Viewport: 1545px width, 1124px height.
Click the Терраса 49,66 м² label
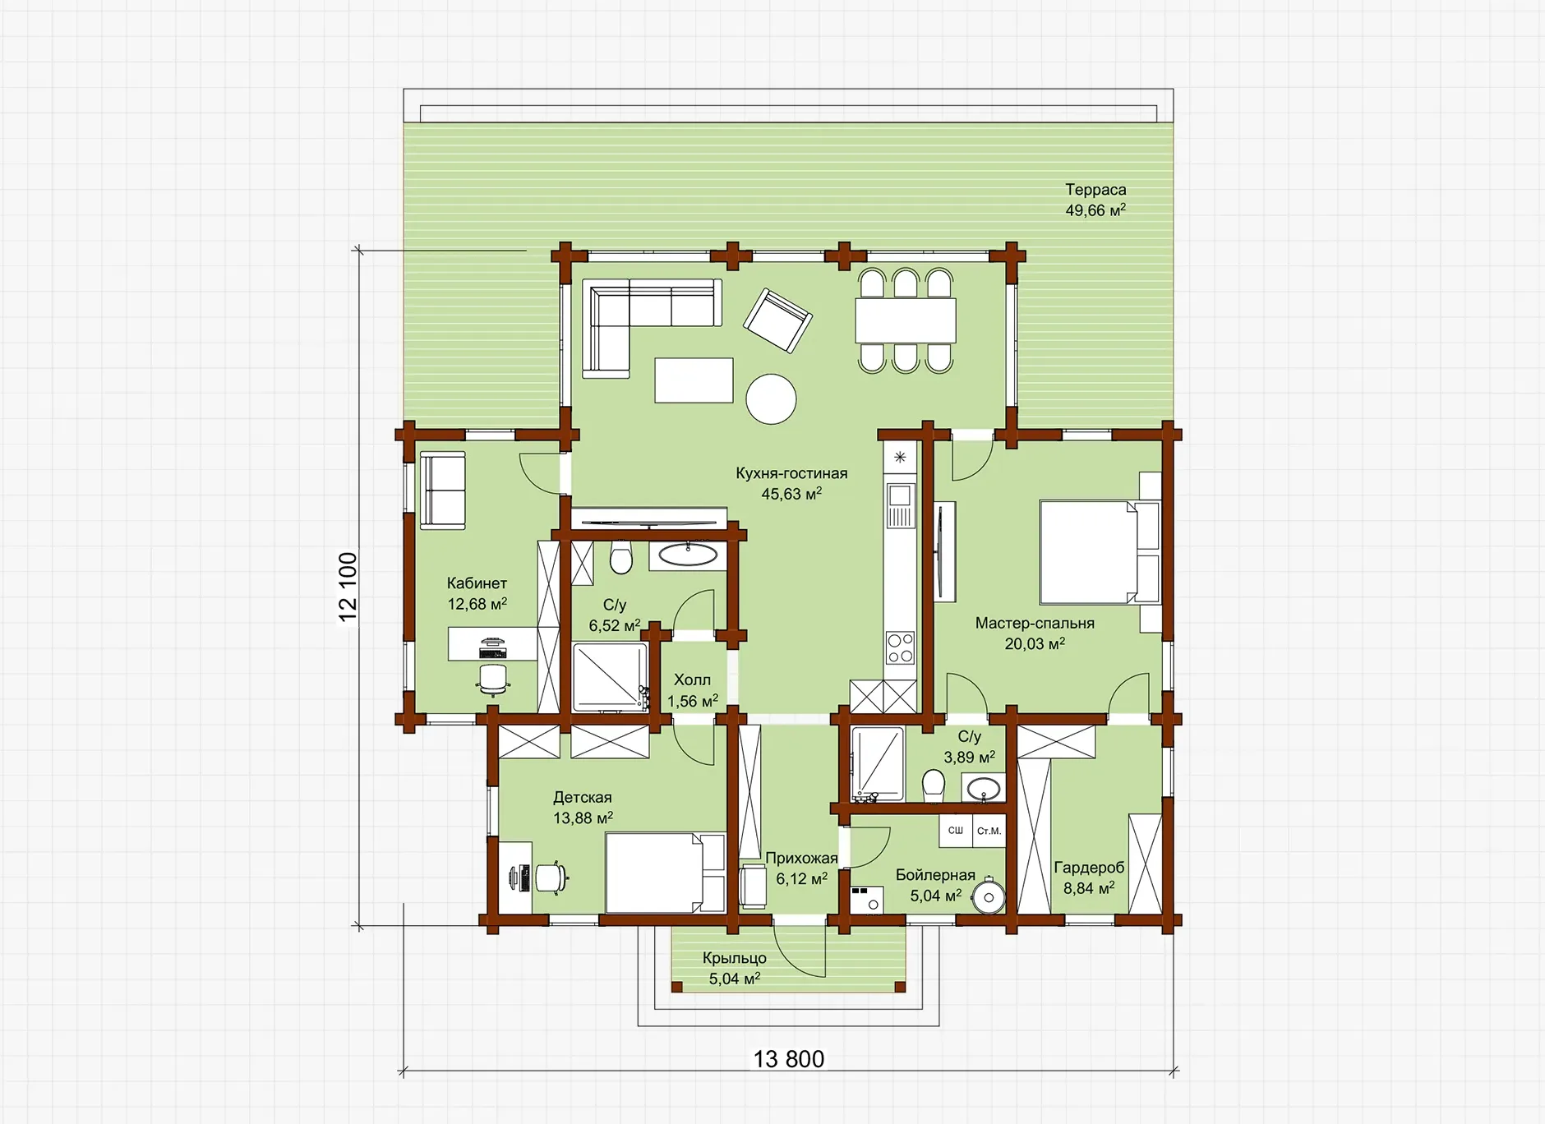pyautogui.click(x=1095, y=200)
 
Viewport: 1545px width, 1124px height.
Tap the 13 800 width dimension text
pyautogui.click(x=789, y=1059)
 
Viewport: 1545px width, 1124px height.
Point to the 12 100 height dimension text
pyautogui.click(x=348, y=587)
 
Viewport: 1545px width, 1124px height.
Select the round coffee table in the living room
pyautogui.click(x=771, y=399)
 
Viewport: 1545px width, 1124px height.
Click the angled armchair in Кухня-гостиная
pyautogui.click(x=778, y=320)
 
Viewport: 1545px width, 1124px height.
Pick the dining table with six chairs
pyautogui.click(x=906, y=320)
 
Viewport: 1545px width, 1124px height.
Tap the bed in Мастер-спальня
pyautogui.click(x=1100, y=552)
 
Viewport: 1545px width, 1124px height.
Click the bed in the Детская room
pyautogui.click(x=666, y=873)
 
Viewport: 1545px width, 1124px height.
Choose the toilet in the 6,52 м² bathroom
pyautogui.click(x=621, y=557)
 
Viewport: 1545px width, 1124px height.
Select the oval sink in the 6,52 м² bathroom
pyautogui.click(x=688, y=555)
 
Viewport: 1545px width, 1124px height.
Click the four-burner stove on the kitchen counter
pyautogui.click(x=900, y=647)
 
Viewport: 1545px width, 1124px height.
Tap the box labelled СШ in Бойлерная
pyautogui.click(x=956, y=831)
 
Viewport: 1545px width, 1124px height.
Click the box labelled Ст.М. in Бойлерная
pyautogui.click(x=989, y=831)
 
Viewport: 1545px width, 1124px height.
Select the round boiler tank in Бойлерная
pyautogui.click(x=989, y=896)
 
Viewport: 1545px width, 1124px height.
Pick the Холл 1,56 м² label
pyautogui.click(x=692, y=690)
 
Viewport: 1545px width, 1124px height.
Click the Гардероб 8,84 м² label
pyautogui.click(x=1089, y=878)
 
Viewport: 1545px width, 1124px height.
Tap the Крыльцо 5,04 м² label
pyautogui.click(x=735, y=968)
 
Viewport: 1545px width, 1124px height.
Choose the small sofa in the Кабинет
pyautogui.click(x=443, y=491)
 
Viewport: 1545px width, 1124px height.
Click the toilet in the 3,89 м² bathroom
pyautogui.click(x=934, y=786)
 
